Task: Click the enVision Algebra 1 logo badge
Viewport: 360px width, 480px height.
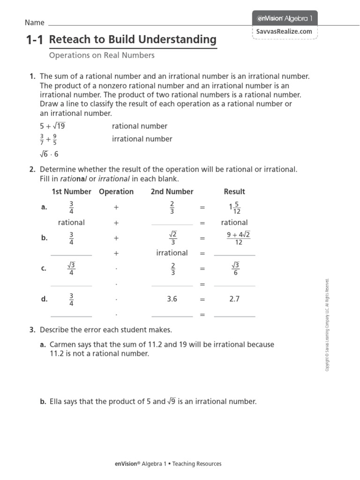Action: (285, 19)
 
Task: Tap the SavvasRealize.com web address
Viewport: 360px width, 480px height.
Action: (284, 31)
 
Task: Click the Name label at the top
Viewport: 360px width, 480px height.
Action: (34, 22)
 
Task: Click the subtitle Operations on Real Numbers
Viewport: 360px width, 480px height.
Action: (102, 55)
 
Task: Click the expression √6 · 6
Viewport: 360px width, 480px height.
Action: (49, 154)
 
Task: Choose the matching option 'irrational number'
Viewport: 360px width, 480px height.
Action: (142, 139)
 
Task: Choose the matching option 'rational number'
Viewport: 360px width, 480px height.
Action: (139, 126)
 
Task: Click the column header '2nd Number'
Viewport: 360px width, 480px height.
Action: (172, 192)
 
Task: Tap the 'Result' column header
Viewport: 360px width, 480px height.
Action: (234, 192)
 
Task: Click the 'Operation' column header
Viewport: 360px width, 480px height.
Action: (116, 192)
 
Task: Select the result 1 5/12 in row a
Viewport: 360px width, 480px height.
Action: (234, 207)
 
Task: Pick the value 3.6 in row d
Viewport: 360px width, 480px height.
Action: (172, 299)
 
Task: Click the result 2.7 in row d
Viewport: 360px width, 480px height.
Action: (234, 299)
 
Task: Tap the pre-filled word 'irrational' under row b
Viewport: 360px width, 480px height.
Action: (172, 253)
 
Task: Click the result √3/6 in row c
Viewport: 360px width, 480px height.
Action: (235, 269)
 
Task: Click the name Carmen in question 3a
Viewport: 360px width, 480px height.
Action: (63, 345)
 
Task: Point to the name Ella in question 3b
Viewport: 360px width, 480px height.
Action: (57, 402)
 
